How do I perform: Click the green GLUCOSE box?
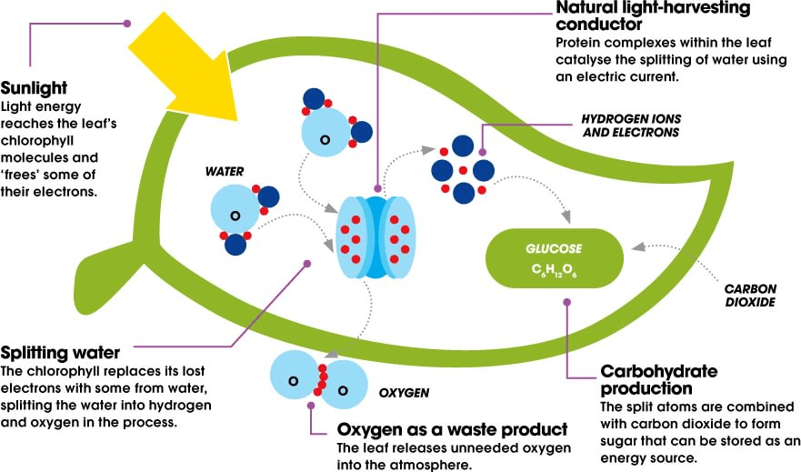[x=556, y=257]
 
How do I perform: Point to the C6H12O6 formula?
[x=556, y=270]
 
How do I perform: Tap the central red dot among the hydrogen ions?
[x=464, y=170]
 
